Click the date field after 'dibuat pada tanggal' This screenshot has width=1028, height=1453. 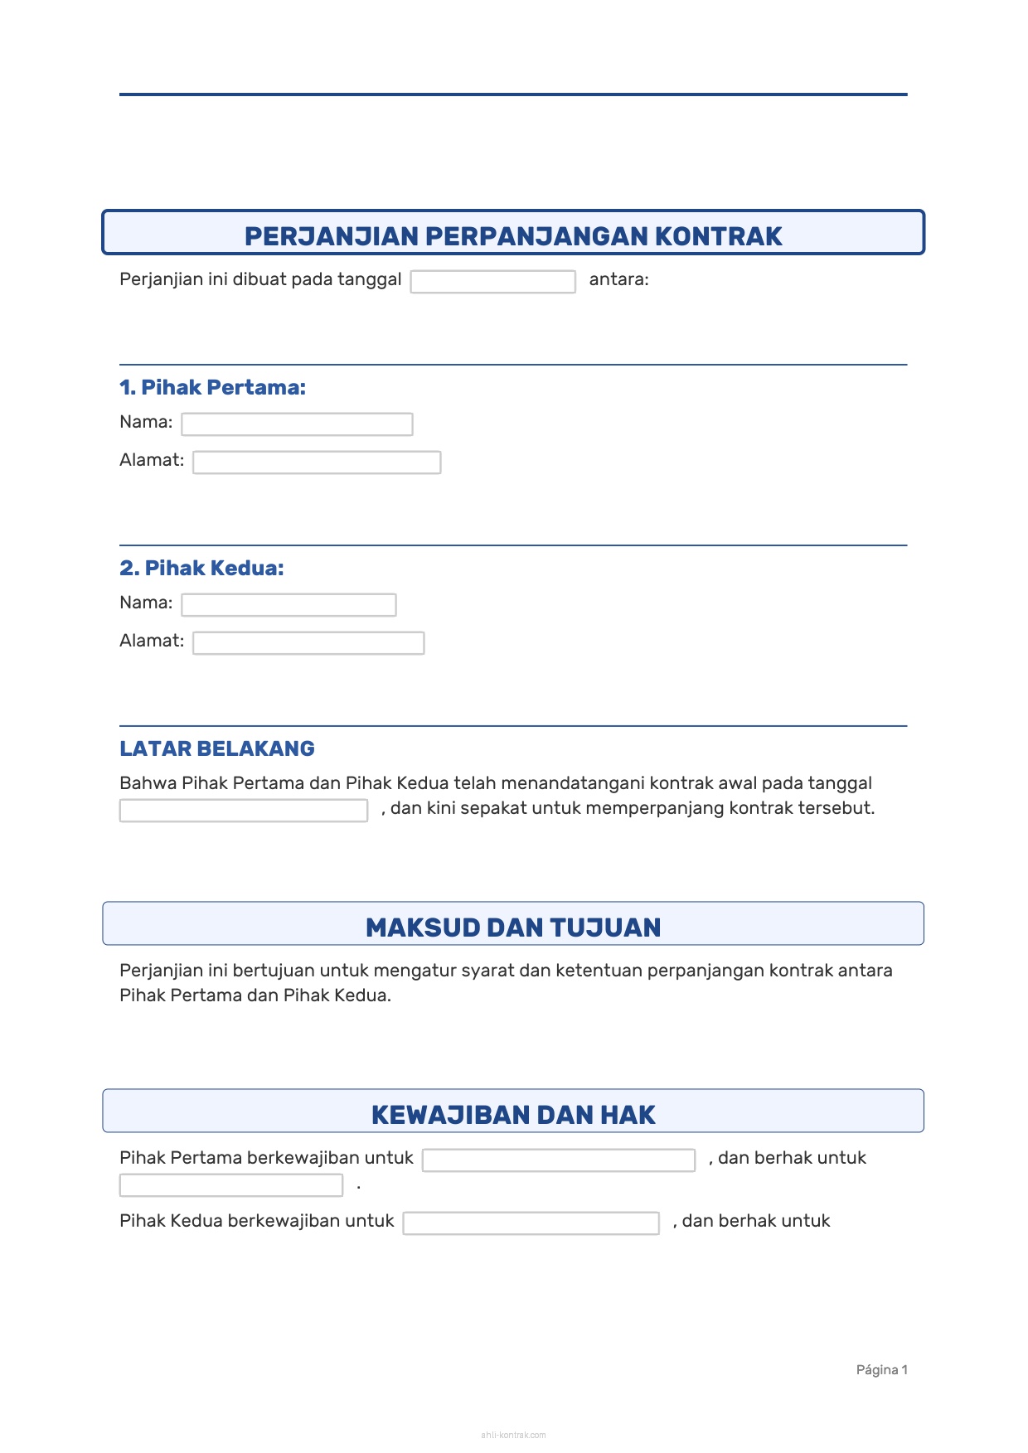(492, 282)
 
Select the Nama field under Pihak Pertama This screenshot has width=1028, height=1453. (297, 424)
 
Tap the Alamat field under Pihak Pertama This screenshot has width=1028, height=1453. (317, 463)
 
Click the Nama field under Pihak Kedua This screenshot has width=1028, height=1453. (289, 605)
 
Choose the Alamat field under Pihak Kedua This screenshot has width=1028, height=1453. (308, 643)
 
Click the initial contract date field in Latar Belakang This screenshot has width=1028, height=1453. (243, 811)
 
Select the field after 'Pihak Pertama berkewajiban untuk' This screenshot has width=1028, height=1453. (558, 1160)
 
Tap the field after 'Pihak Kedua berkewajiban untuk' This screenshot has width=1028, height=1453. (531, 1223)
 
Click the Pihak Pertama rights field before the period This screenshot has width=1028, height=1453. (230, 1185)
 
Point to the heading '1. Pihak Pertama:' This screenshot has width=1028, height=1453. (212, 387)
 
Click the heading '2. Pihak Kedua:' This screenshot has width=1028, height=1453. (201, 568)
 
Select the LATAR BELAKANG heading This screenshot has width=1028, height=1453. (217, 748)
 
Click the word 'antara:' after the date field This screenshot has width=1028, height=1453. (618, 279)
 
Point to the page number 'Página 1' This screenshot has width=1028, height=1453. (881, 1370)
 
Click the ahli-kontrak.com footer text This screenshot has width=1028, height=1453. (513, 1435)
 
